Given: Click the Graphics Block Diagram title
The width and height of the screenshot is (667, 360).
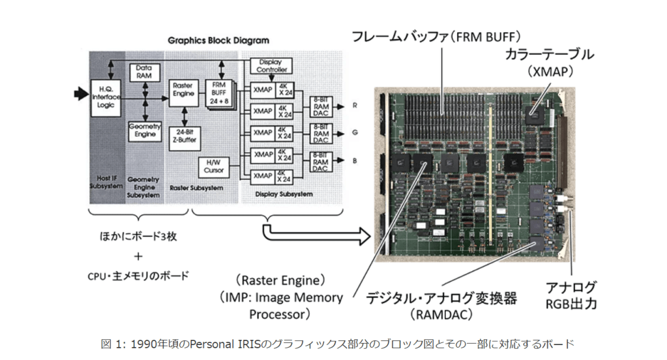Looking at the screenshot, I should pos(218,40).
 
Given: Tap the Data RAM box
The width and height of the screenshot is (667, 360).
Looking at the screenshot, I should pos(144,72).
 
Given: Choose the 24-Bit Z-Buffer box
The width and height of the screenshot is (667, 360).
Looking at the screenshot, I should pos(184,136).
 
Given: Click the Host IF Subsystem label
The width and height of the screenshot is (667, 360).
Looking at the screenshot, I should pos(106,182).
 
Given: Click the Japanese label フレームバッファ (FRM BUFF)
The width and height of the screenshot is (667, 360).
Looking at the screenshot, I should pos(437,37).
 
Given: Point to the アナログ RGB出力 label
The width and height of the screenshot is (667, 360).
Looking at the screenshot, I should pos(572,295).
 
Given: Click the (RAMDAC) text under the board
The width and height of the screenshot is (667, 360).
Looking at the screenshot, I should pos(451,315).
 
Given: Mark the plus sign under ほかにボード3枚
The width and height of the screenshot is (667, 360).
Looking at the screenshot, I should pos(138,256).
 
